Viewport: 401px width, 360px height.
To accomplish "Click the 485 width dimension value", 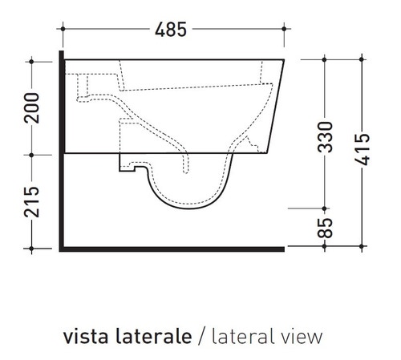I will pos(172,30).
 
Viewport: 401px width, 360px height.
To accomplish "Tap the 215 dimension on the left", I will pos(31,202).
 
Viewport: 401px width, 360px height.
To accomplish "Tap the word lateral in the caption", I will pos(237,334).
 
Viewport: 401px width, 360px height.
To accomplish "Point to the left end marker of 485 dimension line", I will pos(63,30).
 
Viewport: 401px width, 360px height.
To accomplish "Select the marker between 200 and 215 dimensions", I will pos(31,154).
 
